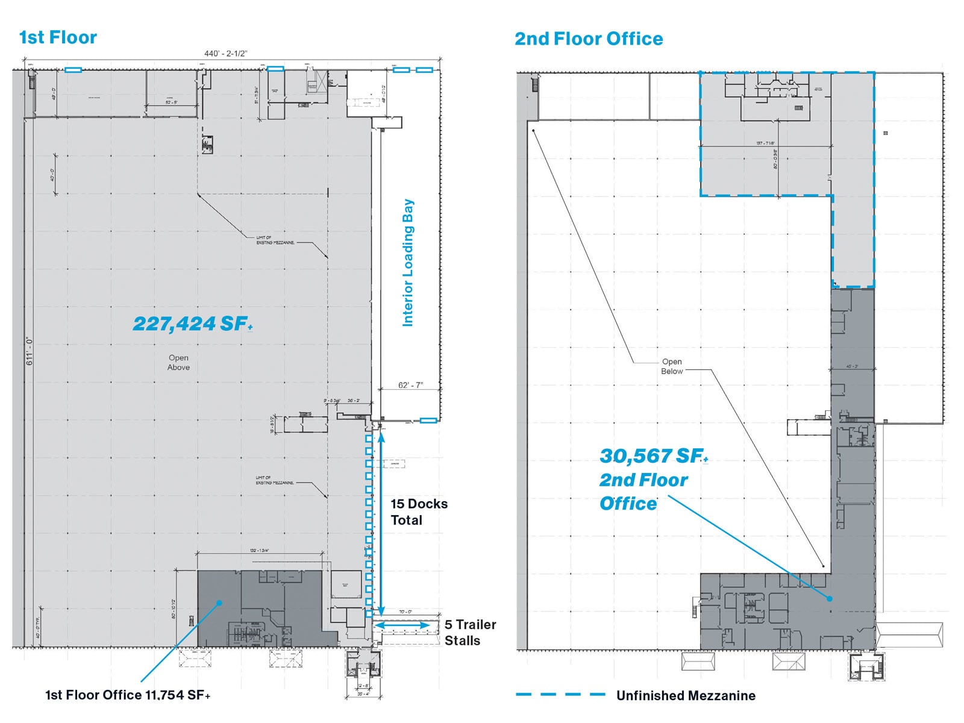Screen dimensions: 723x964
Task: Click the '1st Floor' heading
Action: [58, 37]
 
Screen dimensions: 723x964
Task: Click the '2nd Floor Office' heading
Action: [589, 39]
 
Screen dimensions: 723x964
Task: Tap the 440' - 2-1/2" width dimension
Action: [225, 54]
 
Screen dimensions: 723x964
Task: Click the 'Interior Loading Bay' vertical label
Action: [408, 263]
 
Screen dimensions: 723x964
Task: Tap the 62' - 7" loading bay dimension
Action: [410, 385]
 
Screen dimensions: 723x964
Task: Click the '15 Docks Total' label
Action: [419, 512]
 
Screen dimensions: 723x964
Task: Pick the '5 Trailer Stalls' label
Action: [470, 633]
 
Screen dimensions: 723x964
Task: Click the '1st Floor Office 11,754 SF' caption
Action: [128, 695]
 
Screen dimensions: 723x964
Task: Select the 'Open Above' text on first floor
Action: [178, 362]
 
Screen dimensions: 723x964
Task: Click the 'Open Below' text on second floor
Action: [672, 366]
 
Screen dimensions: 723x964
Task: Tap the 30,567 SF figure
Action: [653, 456]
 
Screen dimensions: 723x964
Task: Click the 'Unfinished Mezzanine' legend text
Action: [686, 695]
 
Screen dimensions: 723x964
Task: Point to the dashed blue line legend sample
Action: [560, 695]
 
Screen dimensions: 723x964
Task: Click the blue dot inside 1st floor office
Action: [220, 602]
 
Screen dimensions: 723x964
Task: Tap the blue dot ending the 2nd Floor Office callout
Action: [830, 599]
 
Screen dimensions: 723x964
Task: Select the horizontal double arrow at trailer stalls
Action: [402, 625]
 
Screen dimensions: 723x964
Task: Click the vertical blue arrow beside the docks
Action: [381, 522]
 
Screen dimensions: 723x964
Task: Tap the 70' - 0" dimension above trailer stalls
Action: [405, 612]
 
